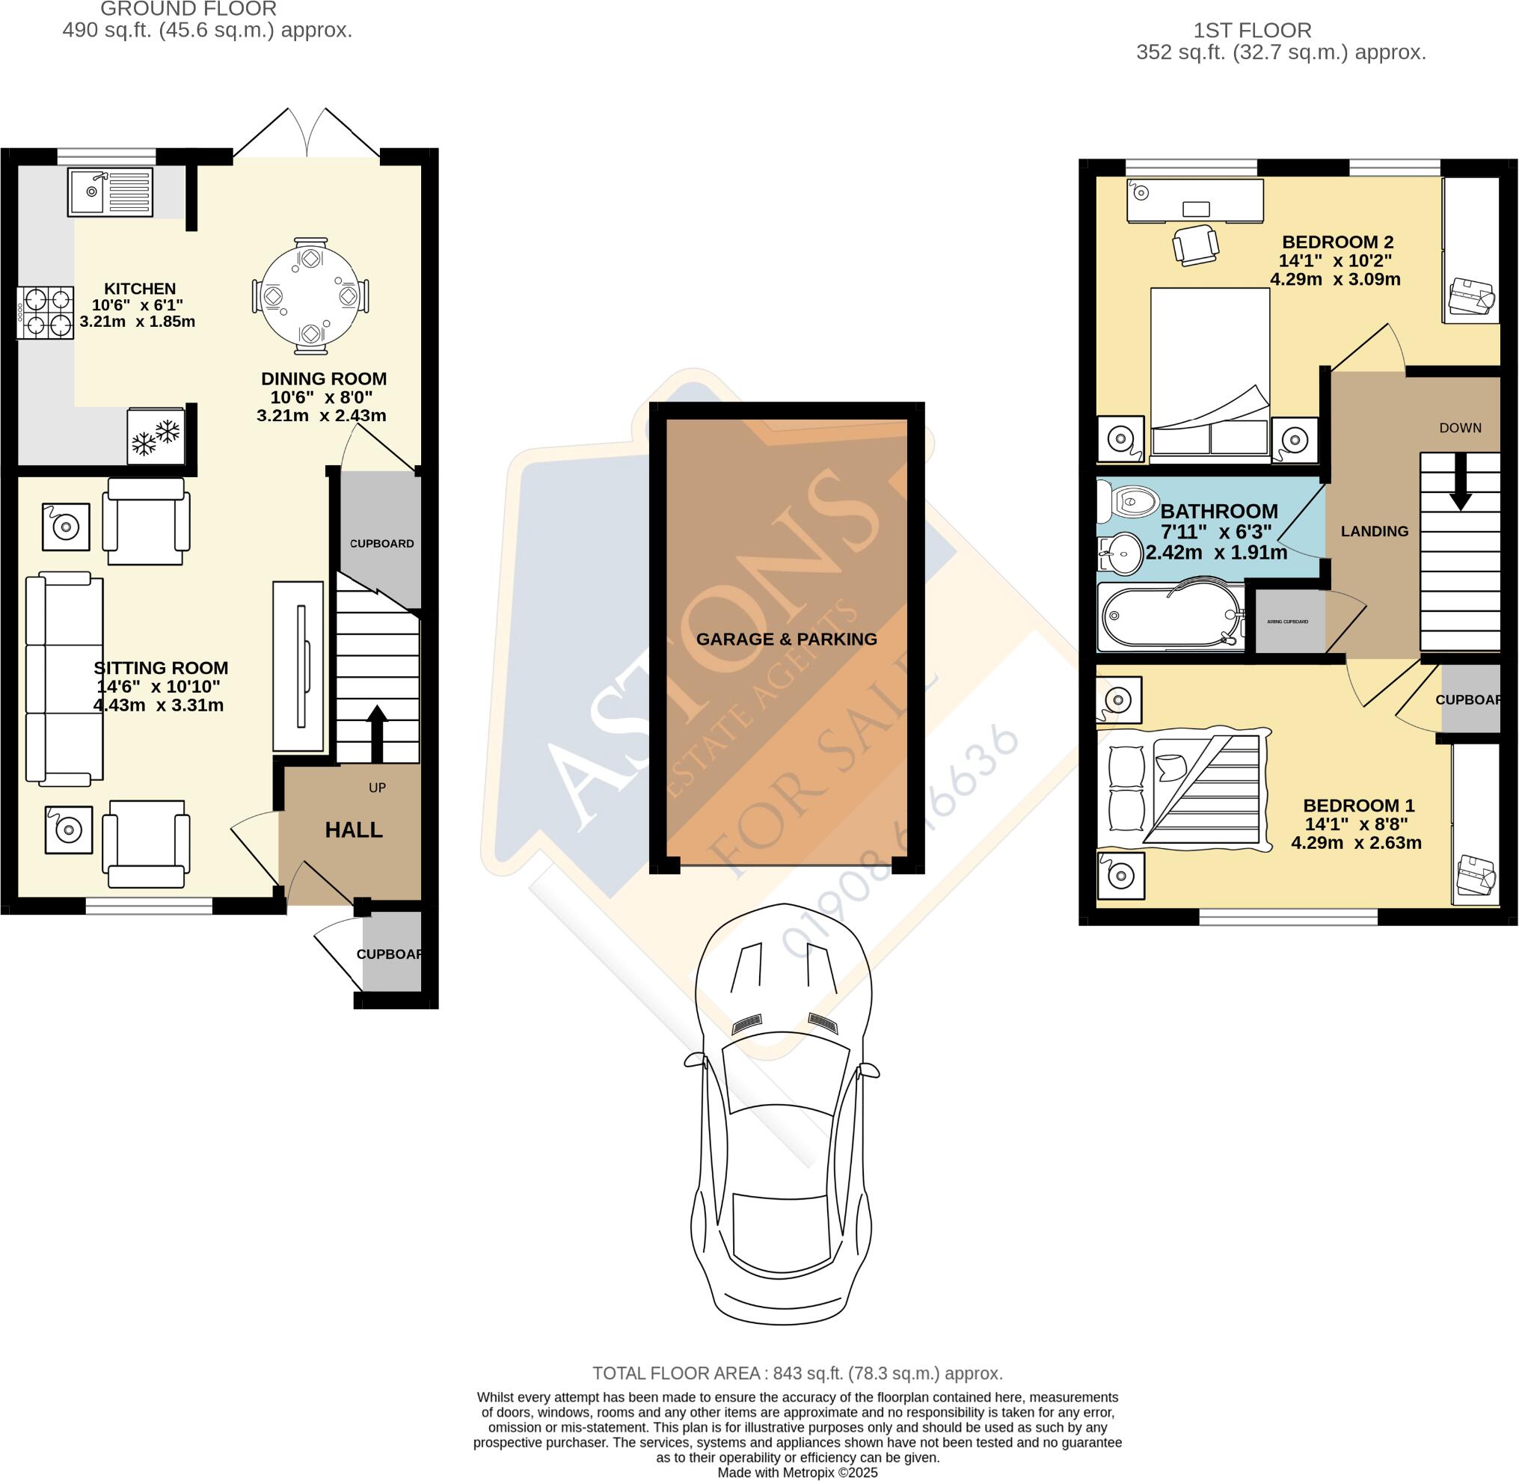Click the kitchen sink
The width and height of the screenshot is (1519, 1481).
pyautogui.click(x=111, y=193)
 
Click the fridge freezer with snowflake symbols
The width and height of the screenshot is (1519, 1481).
pyautogui.click(x=156, y=436)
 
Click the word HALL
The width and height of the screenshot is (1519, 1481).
pyautogui.click(x=354, y=830)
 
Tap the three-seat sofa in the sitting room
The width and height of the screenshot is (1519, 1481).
pyautogui.click(x=64, y=678)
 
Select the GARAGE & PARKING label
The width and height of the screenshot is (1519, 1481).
pyautogui.click(x=786, y=639)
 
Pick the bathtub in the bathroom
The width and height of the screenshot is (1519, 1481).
pyautogui.click(x=1169, y=616)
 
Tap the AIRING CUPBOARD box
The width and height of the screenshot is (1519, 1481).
pyautogui.click(x=1288, y=622)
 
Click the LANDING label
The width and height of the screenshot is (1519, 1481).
pyautogui.click(x=1375, y=531)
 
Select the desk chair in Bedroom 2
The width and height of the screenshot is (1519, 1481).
pyautogui.click(x=1194, y=245)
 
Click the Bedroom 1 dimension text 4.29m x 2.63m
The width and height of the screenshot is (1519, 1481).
pyautogui.click(x=1357, y=842)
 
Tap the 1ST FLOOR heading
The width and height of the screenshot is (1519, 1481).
pyautogui.click(x=1252, y=31)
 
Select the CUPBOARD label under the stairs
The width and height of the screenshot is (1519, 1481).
pyautogui.click(x=381, y=544)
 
